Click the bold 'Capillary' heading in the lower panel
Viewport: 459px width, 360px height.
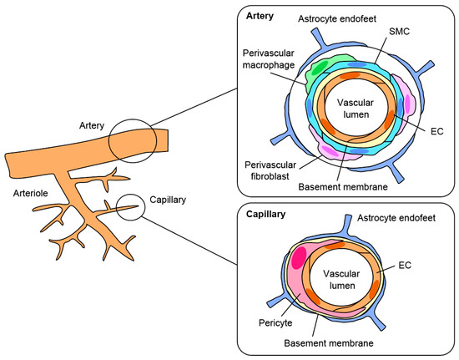[x=265, y=214]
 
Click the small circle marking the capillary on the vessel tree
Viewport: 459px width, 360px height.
[x=129, y=205]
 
